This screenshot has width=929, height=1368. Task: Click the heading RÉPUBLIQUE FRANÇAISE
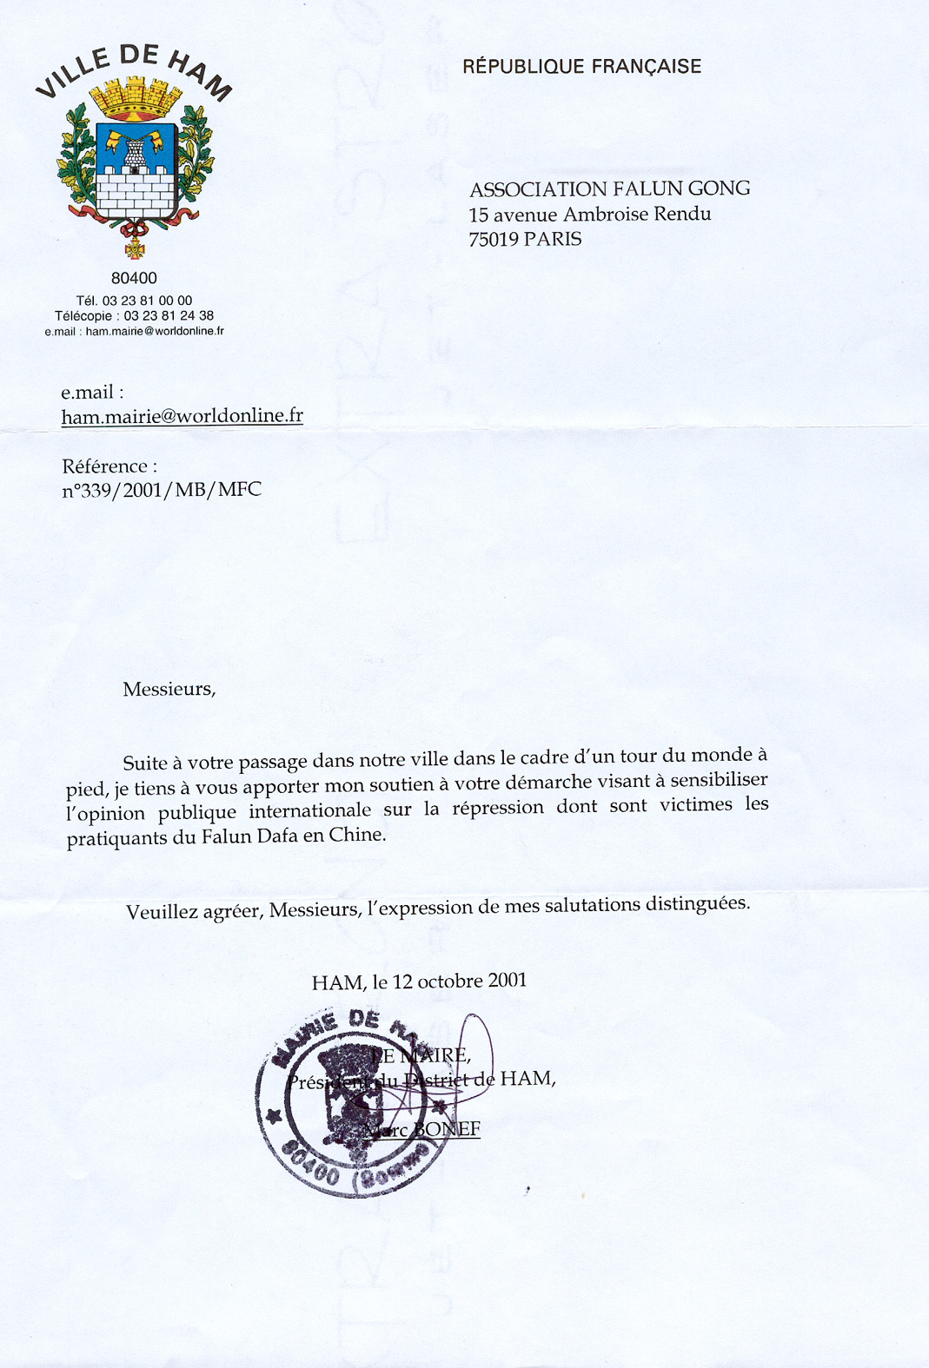[x=581, y=67]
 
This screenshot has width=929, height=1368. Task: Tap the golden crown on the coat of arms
[x=134, y=97]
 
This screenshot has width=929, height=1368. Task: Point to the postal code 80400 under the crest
[x=134, y=278]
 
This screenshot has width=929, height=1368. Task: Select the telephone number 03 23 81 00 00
[x=147, y=301]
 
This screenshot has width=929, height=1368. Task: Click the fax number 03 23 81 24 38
[x=169, y=315]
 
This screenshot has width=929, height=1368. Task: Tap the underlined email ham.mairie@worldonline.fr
[x=182, y=416]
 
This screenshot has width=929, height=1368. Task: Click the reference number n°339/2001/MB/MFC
[x=162, y=490]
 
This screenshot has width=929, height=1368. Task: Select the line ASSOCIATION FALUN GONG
[x=609, y=188]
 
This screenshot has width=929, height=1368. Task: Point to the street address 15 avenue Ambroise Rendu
[x=590, y=214]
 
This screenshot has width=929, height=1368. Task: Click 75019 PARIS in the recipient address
[x=525, y=239]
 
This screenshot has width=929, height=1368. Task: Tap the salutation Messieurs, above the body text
[x=169, y=690]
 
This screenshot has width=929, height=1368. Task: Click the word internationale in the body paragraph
[x=310, y=811]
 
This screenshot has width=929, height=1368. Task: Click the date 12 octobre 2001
[x=460, y=981]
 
